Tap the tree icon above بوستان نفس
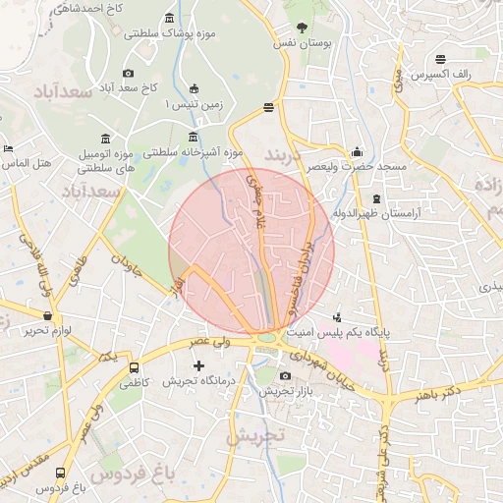(301, 28)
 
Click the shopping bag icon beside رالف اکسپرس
(482, 73)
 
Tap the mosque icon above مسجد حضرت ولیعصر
(357, 152)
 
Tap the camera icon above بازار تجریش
(286, 376)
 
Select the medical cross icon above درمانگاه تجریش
(200, 365)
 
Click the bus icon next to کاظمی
(134, 367)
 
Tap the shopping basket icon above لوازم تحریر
(48, 315)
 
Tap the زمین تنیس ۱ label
(193, 102)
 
